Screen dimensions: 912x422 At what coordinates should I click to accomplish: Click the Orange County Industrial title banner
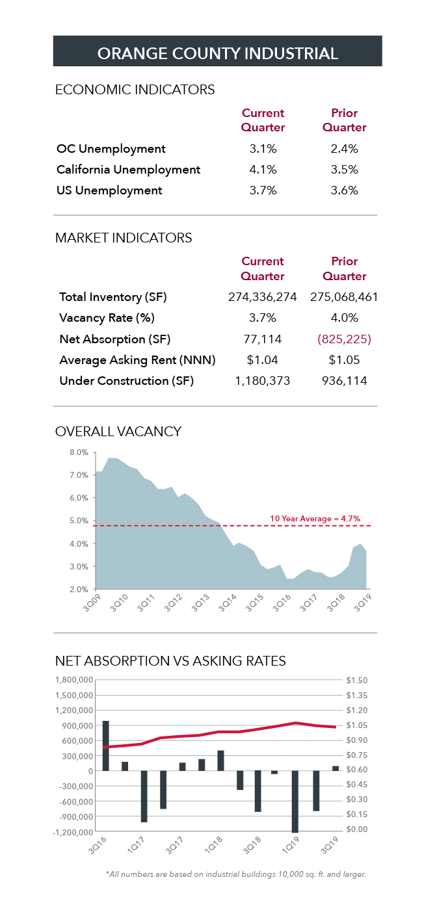pyautogui.click(x=217, y=53)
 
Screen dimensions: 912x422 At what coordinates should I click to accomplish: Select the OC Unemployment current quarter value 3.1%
pyautogui.click(x=263, y=149)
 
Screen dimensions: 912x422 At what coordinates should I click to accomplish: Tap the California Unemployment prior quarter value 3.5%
pyautogui.click(x=344, y=170)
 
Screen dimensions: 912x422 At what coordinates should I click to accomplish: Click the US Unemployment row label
pyautogui.click(x=109, y=190)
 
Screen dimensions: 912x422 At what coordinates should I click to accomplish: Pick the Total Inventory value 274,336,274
pyautogui.click(x=263, y=297)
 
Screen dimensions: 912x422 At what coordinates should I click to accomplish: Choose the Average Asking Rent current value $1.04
pyautogui.click(x=263, y=359)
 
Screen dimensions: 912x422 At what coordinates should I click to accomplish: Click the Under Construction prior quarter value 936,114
pyautogui.click(x=344, y=380)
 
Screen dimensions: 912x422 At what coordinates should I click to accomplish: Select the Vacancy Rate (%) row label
pyautogui.click(x=107, y=318)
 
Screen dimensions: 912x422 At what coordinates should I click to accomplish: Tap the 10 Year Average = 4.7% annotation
pyautogui.click(x=315, y=519)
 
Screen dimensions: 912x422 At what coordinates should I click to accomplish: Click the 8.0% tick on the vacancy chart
pyautogui.click(x=78, y=452)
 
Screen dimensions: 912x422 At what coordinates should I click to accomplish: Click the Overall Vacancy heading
pyautogui.click(x=118, y=432)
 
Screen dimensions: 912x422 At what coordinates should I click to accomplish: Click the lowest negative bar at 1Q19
pyautogui.click(x=295, y=801)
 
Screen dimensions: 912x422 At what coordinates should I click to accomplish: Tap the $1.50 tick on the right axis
pyautogui.click(x=357, y=681)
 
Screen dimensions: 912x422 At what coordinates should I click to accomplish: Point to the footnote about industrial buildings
pyautogui.click(x=235, y=874)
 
